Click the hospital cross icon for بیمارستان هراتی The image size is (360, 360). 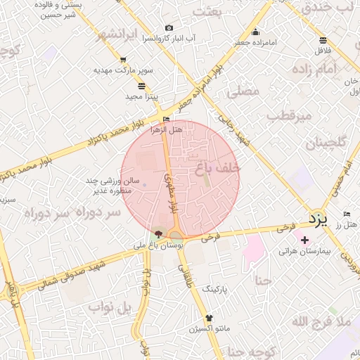tap(304, 240)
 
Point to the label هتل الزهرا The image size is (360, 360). tap(167, 129)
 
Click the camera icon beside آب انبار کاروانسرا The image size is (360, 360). tap(169, 28)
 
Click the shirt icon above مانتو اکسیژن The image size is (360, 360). tap(209, 318)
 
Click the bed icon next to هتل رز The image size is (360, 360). tap(347, 214)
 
